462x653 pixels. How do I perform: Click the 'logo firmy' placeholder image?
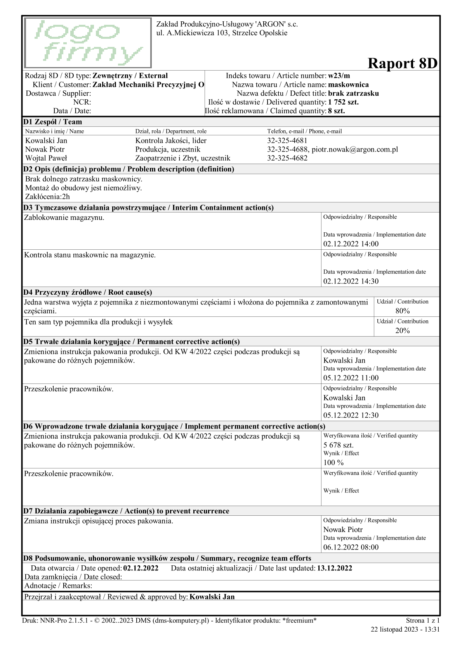[x=88, y=43]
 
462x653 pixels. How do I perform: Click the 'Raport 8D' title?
[x=402, y=63]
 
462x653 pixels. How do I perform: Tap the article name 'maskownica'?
[x=348, y=85]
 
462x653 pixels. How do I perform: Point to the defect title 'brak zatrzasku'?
[x=353, y=93]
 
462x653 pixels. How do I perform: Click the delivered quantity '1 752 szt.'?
[x=343, y=102]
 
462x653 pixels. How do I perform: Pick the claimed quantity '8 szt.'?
[x=336, y=111]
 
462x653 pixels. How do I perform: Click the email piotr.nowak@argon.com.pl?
[x=355, y=149]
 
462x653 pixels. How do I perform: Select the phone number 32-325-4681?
[x=287, y=141]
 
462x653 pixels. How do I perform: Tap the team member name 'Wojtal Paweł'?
[x=46, y=158]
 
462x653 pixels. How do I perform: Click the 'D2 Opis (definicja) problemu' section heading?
[x=129, y=169]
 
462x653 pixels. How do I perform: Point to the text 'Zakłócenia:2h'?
[x=47, y=197]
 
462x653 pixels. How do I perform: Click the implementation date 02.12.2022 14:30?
[x=351, y=281]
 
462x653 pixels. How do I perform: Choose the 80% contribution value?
[x=402, y=311]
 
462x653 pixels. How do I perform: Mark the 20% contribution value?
[x=402, y=330]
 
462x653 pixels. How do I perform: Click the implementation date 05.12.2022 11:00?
[x=351, y=378]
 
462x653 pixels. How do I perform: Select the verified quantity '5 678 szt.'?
[x=338, y=445]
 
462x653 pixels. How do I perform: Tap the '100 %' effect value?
[x=333, y=462]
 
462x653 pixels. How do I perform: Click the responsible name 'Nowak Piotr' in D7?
[x=343, y=529]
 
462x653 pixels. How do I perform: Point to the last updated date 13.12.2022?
[x=334, y=568]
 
